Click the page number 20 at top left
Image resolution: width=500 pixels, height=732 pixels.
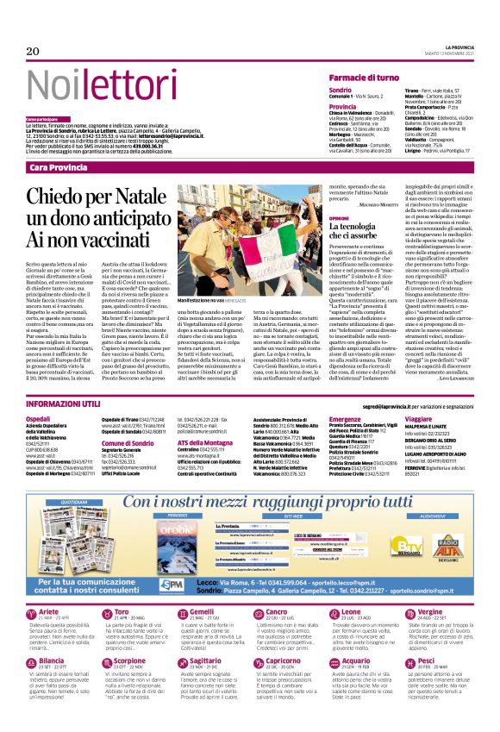(x=33, y=52)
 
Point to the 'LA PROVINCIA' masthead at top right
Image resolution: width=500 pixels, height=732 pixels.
(x=452, y=46)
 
